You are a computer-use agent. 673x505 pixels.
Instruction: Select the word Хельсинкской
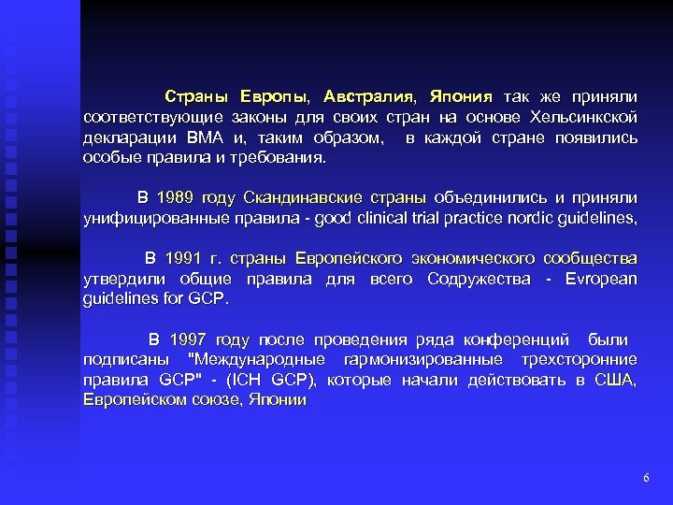tap(583, 117)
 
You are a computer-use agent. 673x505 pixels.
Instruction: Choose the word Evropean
tap(601, 279)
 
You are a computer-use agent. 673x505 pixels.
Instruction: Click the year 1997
tap(190, 339)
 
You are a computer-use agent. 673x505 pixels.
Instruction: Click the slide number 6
tap(646, 478)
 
